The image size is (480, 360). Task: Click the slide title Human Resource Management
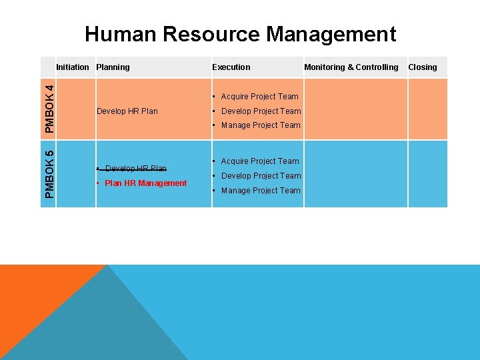click(x=240, y=33)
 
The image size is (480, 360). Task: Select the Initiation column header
click(x=72, y=67)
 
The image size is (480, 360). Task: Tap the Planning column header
click(x=113, y=67)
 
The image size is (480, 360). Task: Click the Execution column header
click(x=231, y=67)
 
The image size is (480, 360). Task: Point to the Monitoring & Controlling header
click(x=351, y=67)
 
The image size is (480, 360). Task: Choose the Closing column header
click(x=422, y=67)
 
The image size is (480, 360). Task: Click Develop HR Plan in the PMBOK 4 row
click(x=127, y=111)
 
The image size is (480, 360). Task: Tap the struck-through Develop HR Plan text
click(x=135, y=168)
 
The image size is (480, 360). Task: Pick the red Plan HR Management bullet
click(x=145, y=183)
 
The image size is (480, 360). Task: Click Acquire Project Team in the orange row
click(x=259, y=97)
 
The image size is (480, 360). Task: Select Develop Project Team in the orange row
click(x=261, y=111)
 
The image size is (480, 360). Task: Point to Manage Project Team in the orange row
click(x=261, y=125)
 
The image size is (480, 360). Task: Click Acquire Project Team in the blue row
click(x=259, y=161)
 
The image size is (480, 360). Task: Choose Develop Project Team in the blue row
click(x=261, y=176)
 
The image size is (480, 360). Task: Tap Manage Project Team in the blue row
click(x=261, y=191)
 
